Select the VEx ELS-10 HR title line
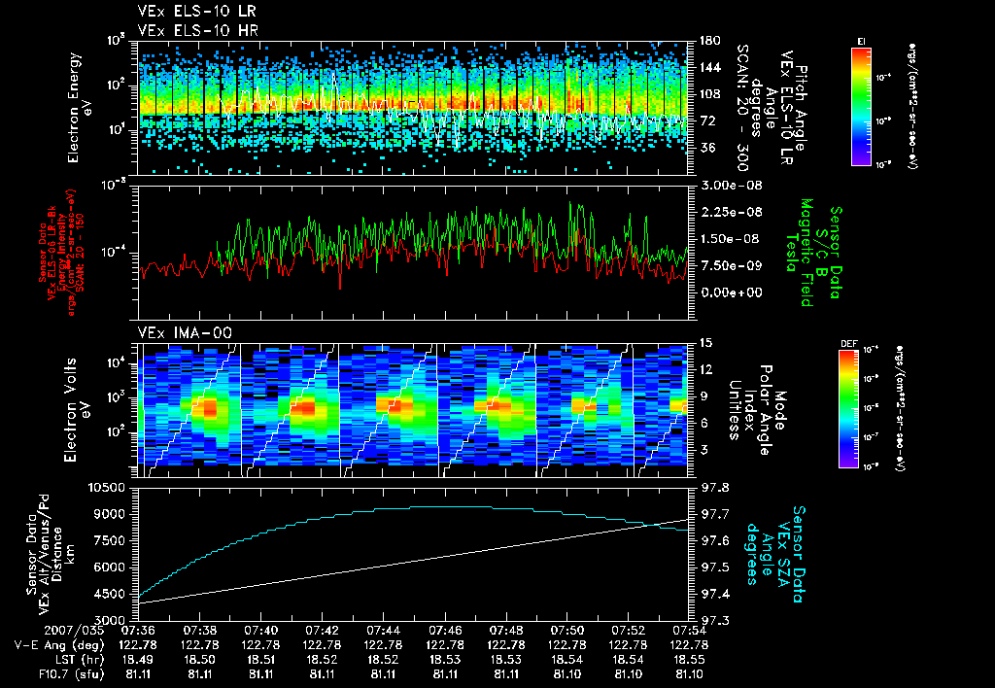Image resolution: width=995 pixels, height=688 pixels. coord(190,30)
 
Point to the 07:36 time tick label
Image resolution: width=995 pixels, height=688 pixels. coord(139,630)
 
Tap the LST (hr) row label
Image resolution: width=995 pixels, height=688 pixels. coord(45,659)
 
